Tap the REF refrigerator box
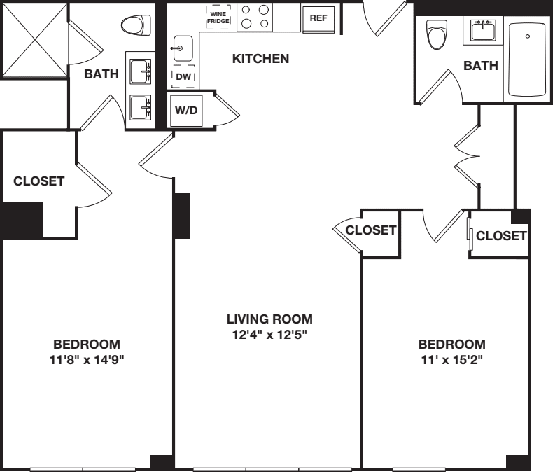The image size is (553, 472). pyautogui.click(x=318, y=18)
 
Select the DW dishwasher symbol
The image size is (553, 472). pyautogui.click(x=184, y=76)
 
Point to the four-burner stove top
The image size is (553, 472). pyautogui.click(x=255, y=16)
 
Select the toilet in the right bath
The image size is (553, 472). pyautogui.click(x=437, y=34)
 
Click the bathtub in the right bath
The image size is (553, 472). pyautogui.click(x=529, y=58)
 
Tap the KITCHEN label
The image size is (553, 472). pyautogui.click(x=260, y=59)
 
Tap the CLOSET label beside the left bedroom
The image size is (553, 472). pyautogui.click(x=39, y=181)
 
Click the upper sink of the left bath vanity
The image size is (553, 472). pyautogui.click(x=141, y=70)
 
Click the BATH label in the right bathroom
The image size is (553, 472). pyautogui.click(x=481, y=66)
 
